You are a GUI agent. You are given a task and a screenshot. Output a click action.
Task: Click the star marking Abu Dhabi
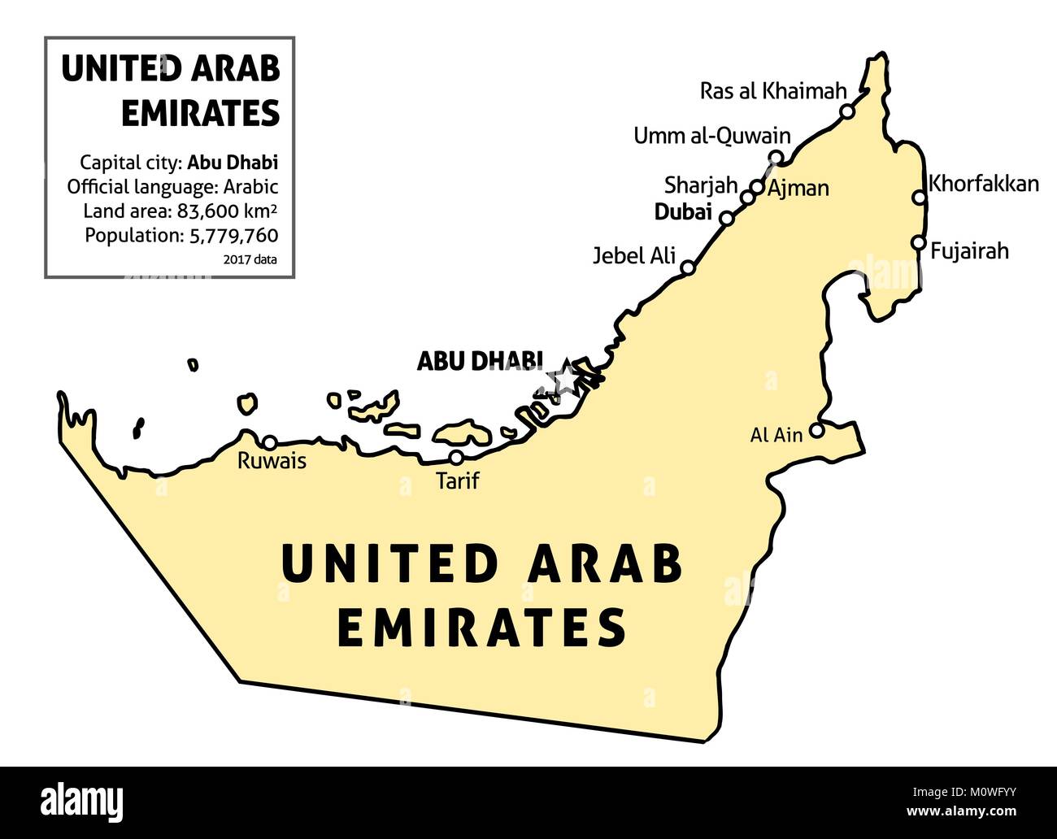coord(562,378)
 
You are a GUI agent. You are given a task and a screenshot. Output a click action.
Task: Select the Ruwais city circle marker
coord(269,442)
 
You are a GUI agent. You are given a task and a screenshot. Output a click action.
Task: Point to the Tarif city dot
coord(457,458)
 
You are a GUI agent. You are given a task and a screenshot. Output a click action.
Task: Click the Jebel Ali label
coord(634,255)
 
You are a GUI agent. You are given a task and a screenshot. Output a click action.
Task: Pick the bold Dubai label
coord(683,214)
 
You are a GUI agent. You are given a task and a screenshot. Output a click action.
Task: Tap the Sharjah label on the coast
coord(701,185)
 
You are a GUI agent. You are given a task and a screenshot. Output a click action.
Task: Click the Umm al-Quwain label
coord(711,136)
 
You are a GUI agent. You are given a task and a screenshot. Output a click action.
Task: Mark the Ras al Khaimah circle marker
coord(847,111)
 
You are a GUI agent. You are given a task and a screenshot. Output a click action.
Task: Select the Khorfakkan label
coord(984,184)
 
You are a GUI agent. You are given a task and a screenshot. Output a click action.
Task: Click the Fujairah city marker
coord(918,242)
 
